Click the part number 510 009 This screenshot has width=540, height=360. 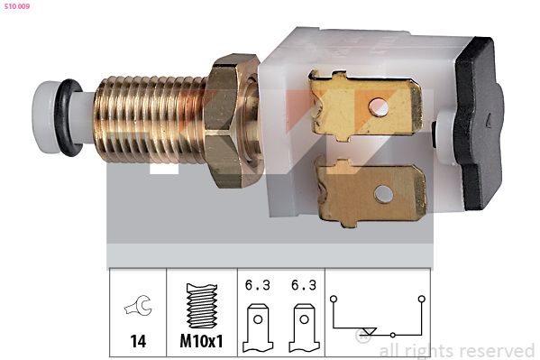pyautogui.click(x=17, y=6)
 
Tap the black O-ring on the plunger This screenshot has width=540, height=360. pyautogui.click(x=69, y=117)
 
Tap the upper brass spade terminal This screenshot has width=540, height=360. pyautogui.click(x=366, y=106)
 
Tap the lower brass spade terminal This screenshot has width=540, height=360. pyautogui.click(x=371, y=192)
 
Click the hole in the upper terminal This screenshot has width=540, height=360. pyautogui.click(x=379, y=106)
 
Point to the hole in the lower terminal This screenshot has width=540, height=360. pyautogui.click(x=383, y=194)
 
